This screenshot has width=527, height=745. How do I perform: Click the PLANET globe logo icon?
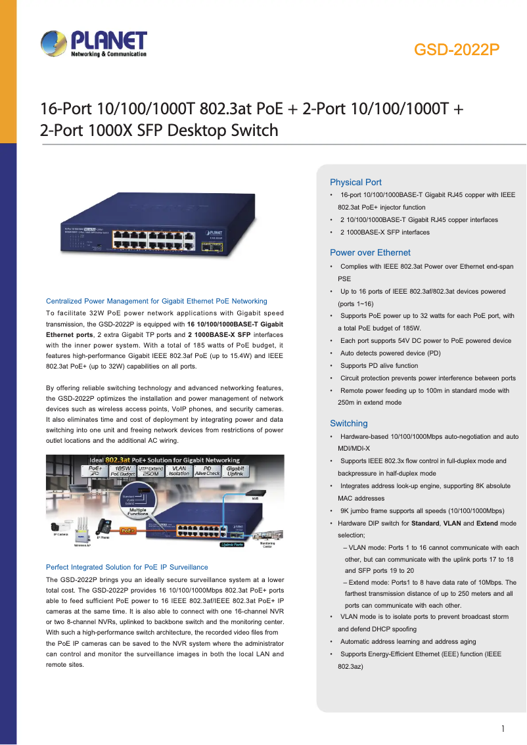[53, 44]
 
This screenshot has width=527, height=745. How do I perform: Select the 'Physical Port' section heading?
[355, 182]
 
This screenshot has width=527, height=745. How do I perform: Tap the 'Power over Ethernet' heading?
[370, 252]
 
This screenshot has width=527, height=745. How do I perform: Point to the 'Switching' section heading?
[348, 423]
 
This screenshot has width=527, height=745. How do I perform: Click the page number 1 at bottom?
[503, 729]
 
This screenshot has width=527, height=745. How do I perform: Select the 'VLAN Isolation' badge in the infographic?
[179, 470]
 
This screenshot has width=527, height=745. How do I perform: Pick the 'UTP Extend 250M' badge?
[150, 470]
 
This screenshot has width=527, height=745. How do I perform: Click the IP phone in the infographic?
[103, 527]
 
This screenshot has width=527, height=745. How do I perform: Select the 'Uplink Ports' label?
[231, 545]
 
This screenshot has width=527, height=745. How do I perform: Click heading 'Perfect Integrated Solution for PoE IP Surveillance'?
[127, 567]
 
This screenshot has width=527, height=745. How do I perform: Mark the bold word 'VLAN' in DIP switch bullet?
[452, 523]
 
